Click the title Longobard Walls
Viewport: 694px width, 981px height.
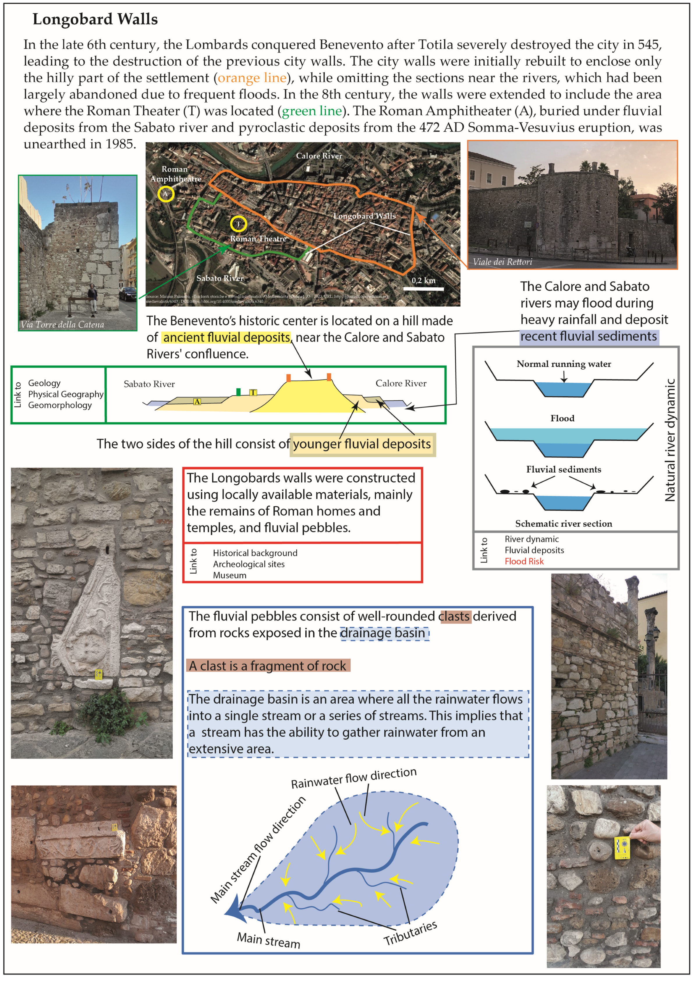pyautogui.click(x=95, y=19)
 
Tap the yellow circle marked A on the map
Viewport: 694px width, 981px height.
pyautogui.click(x=165, y=194)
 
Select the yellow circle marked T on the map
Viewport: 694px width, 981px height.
pyautogui.click(x=238, y=224)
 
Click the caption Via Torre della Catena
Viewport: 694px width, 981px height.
pyautogui.click(x=62, y=324)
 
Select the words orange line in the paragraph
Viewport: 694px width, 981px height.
pyautogui.click(x=252, y=78)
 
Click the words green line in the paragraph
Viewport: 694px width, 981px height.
pyautogui.click(x=311, y=111)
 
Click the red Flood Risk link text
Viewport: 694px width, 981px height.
pyautogui.click(x=524, y=561)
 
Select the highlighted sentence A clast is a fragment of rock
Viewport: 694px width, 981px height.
pyautogui.click(x=268, y=666)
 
